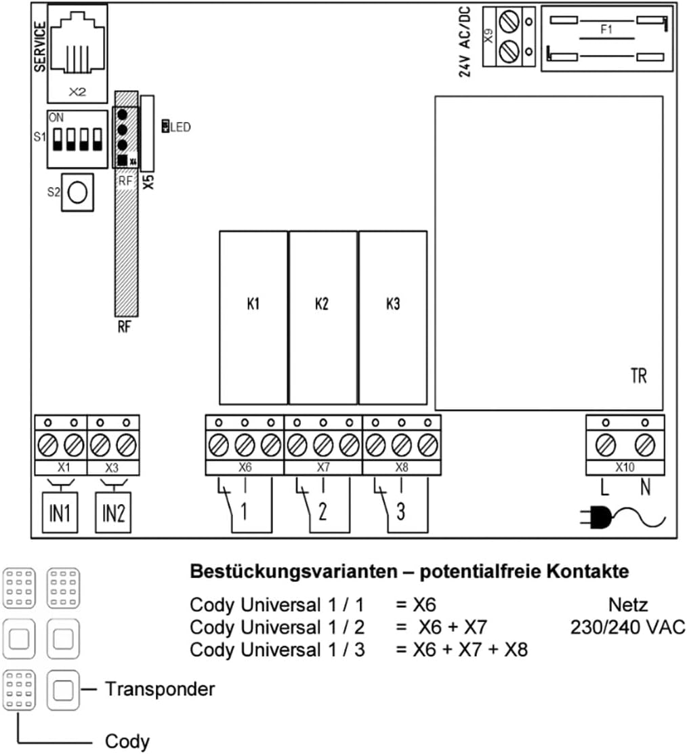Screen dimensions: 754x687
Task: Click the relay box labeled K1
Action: [x=253, y=317]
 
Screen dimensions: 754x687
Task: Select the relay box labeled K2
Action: [x=322, y=317]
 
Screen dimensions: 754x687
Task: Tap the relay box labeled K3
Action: [x=392, y=317]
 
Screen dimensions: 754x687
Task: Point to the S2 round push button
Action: [x=78, y=193]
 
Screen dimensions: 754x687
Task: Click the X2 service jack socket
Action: [x=77, y=51]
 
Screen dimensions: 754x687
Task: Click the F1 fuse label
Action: [x=606, y=30]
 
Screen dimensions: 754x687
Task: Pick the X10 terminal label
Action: [x=625, y=467]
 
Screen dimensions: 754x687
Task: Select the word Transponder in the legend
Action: [x=160, y=690]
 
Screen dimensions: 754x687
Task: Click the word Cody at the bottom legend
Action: [x=127, y=740]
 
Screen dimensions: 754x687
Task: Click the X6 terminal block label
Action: [x=245, y=467]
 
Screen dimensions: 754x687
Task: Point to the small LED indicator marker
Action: [x=165, y=126]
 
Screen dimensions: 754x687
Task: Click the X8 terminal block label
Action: [x=402, y=467]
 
